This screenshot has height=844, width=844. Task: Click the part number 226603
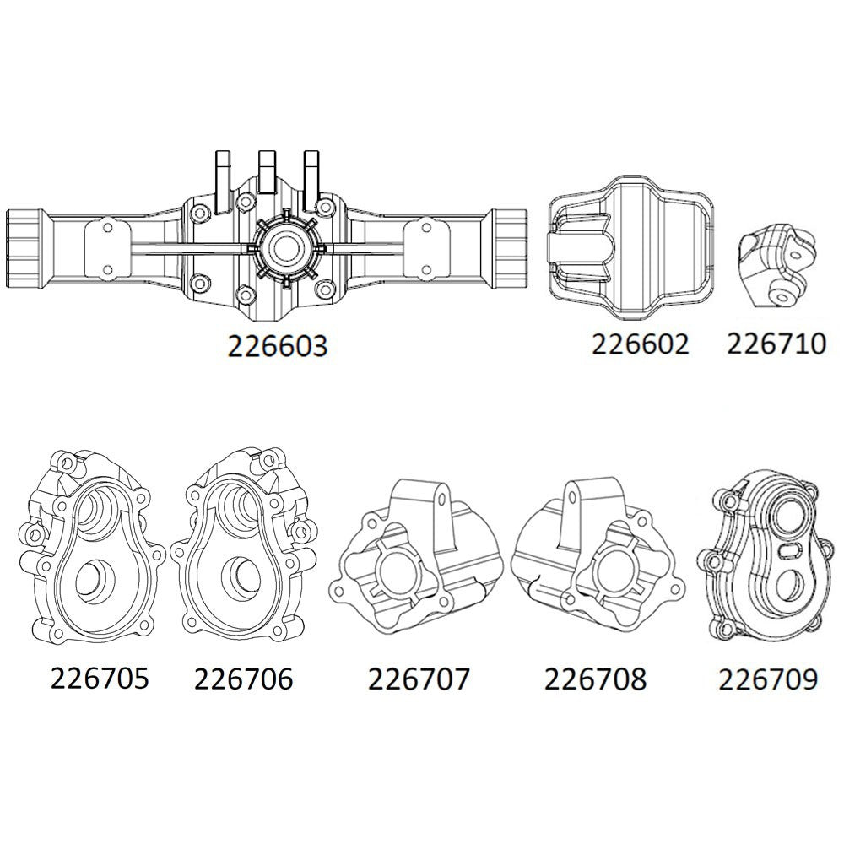coord(276,347)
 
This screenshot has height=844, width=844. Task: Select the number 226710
coord(776,344)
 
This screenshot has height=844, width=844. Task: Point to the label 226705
coord(100,678)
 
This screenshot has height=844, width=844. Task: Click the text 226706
coord(243,678)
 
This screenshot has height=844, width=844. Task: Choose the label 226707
coord(419,679)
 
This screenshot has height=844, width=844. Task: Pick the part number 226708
coord(595,679)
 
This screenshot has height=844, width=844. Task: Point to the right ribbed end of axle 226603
coord(517,241)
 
